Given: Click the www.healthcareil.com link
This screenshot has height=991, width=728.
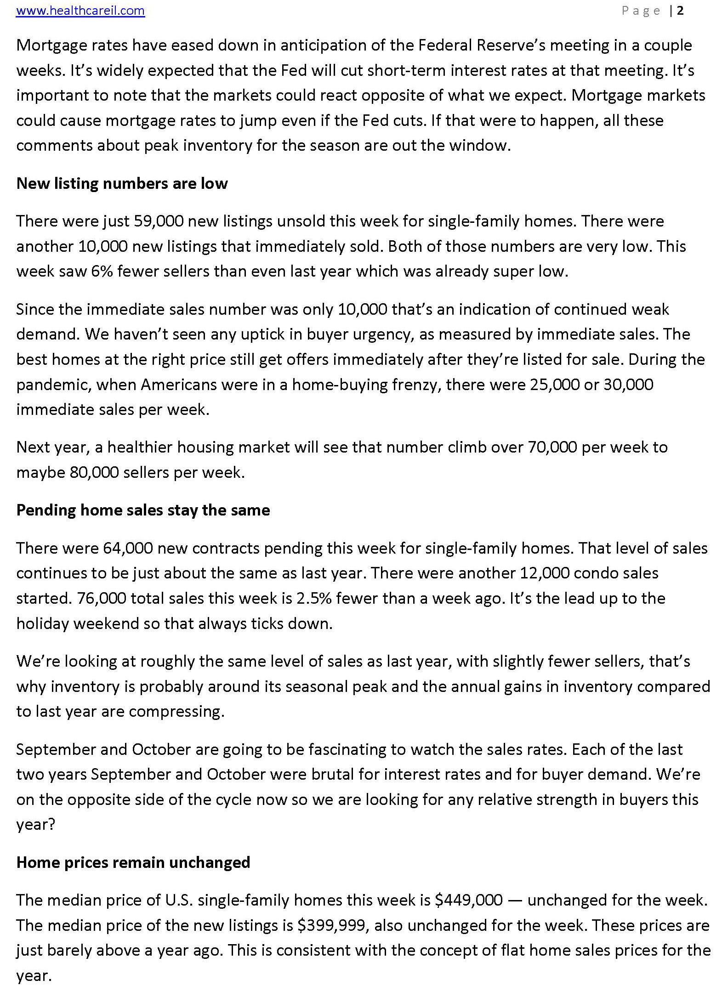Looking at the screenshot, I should click(x=80, y=11).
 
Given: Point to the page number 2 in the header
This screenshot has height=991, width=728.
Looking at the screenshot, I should click(x=680, y=11).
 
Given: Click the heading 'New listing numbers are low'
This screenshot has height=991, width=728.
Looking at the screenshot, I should click(x=122, y=183).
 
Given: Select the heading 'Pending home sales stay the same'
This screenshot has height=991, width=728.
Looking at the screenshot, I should click(x=143, y=510).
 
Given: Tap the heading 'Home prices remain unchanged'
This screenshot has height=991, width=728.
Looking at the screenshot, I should click(x=133, y=862).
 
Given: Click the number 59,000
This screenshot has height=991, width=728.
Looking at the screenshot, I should click(x=159, y=221).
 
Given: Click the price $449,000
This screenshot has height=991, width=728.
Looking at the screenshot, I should click(x=469, y=900).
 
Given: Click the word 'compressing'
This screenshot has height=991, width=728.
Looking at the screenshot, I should click(x=176, y=711).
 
